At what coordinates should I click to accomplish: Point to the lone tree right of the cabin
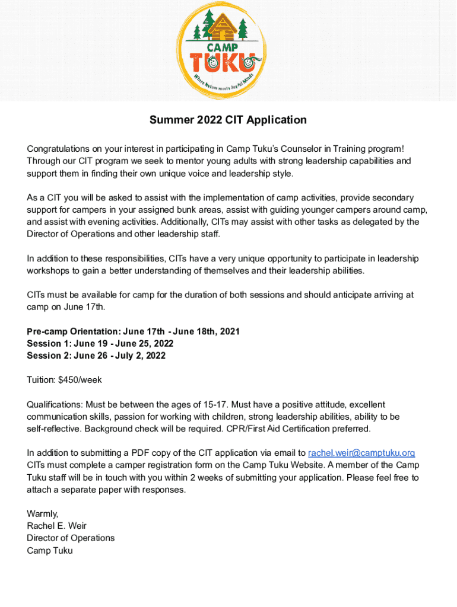click(x=242, y=28)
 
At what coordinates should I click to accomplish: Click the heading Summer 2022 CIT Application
click(x=228, y=120)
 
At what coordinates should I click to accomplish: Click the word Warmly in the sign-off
click(x=42, y=513)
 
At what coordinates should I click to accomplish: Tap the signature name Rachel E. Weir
click(x=57, y=526)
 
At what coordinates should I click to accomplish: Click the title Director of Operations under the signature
click(x=71, y=538)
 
